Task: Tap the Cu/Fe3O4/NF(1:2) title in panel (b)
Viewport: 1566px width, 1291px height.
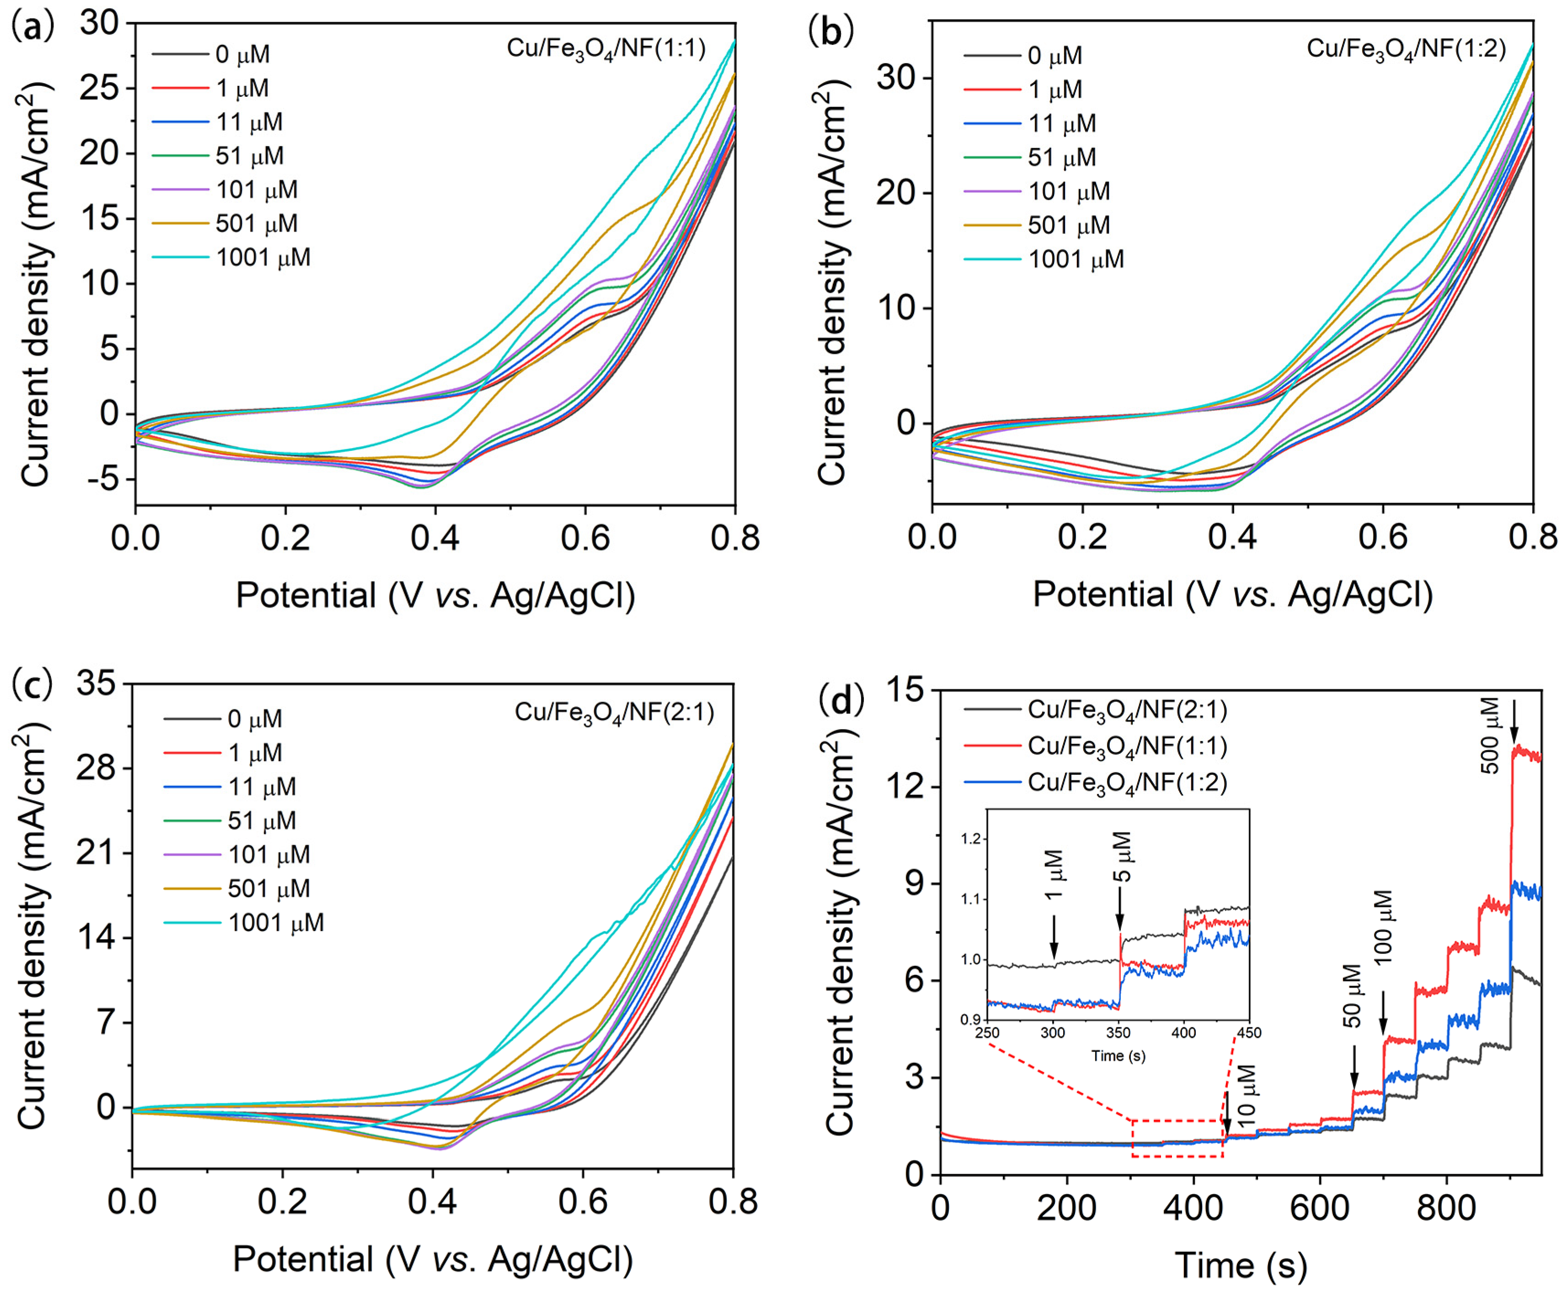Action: click(1406, 49)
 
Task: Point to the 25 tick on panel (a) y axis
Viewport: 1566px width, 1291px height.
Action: click(104, 89)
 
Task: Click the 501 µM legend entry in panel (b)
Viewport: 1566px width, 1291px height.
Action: click(1068, 225)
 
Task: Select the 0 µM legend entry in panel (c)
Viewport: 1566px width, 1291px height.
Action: click(255, 719)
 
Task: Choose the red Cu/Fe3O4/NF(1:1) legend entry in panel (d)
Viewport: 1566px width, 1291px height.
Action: click(1127, 746)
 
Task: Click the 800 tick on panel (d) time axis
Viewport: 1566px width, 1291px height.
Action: click(1446, 1208)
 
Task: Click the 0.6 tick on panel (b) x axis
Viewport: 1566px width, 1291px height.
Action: click(1383, 537)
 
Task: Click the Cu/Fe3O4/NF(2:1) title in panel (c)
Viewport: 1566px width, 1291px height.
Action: click(614, 713)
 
